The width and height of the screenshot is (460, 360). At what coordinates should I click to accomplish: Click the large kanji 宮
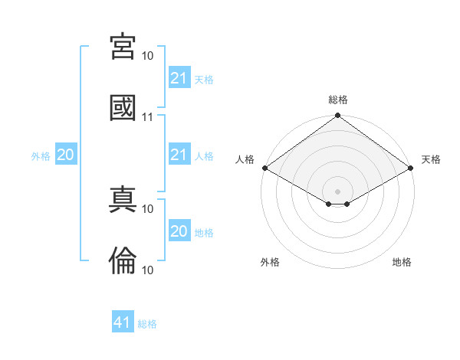pos(123,46)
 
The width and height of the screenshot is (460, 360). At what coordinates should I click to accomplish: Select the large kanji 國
pos(123,107)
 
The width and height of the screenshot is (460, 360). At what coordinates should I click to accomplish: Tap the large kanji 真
pos(123,199)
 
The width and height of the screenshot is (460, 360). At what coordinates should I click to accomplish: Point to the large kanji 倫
pos(123,260)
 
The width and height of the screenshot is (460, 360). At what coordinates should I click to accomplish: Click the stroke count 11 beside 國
pos(147,117)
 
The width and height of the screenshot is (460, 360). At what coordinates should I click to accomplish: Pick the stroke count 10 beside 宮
pos(147,56)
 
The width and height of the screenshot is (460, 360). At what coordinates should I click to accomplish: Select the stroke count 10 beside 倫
pos(147,270)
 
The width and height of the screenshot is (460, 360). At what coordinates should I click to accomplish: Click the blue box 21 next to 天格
pos(179,77)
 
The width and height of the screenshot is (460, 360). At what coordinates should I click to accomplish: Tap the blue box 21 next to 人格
pos(179,154)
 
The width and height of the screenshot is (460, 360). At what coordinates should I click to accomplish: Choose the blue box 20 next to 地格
pos(179,230)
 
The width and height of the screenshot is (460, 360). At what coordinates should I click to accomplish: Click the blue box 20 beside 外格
pos(66,154)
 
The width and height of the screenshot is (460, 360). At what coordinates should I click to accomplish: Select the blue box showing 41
pos(123,321)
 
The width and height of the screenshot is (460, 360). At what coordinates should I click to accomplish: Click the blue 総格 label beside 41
pos(147,324)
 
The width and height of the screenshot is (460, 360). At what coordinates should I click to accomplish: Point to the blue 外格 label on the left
pos(41,156)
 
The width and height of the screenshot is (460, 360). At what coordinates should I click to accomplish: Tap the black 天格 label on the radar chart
pos(431,159)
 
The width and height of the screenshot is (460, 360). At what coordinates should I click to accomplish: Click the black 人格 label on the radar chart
pos(245,159)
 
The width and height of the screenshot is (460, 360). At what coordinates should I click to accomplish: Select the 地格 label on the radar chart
pos(402,262)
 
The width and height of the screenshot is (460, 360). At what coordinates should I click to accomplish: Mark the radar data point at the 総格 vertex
pos(337,115)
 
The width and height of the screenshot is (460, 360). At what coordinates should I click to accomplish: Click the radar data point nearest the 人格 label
pos(265,168)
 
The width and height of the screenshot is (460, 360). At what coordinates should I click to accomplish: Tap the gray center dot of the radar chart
pos(337,191)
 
